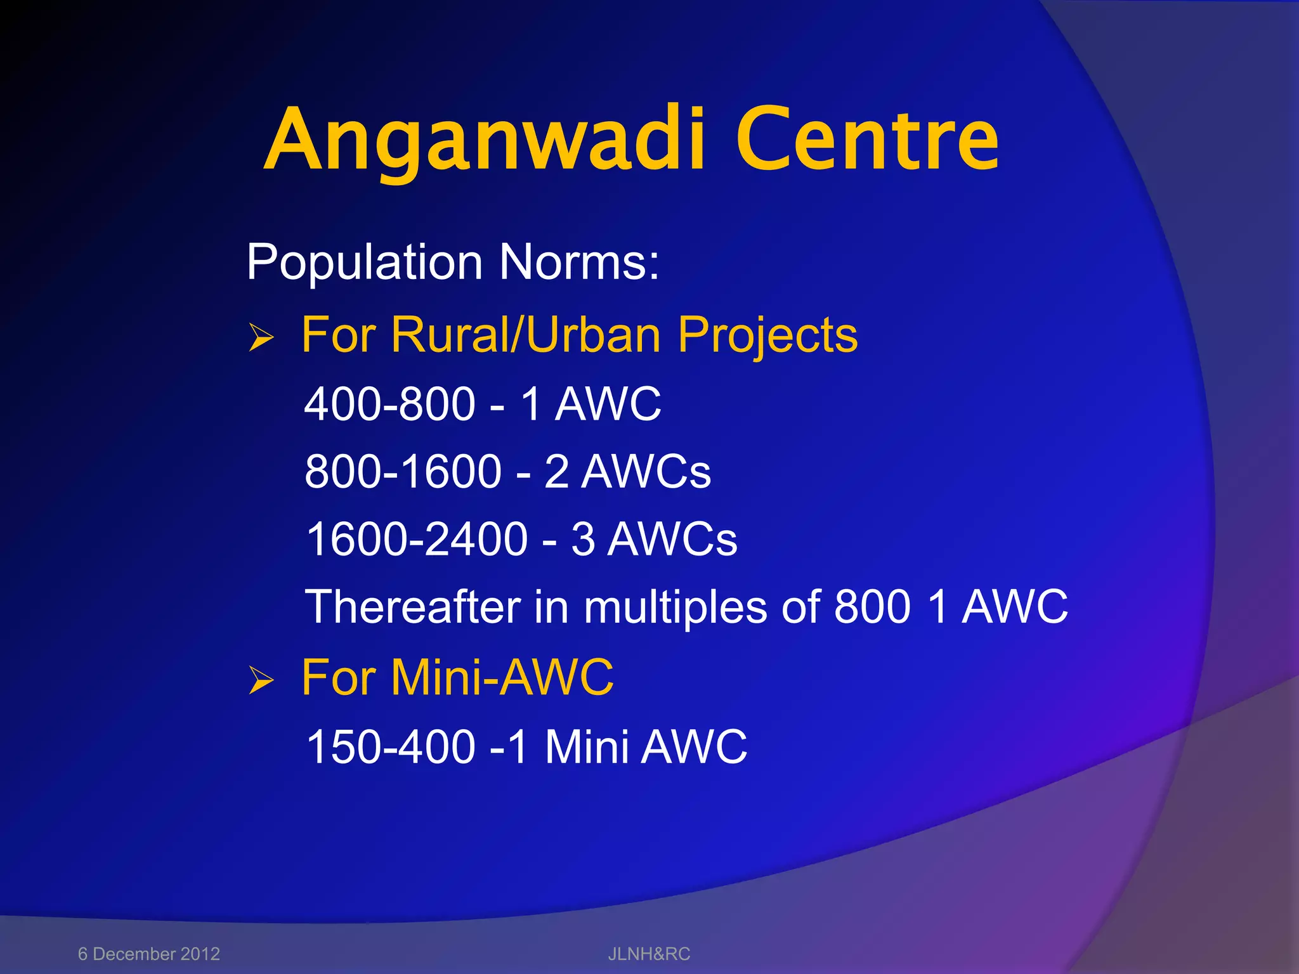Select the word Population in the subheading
pyautogui.click(x=364, y=262)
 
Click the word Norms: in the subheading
pyautogui.click(x=578, y=262)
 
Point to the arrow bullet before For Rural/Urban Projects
pyautogui.click(x=261, y=337)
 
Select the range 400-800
pyautogui.click(x=389, y=404)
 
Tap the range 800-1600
pyautogui.click(x=403, y=472)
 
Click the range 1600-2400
pyautogui.click(x=417, y=539)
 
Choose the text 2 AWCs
pyautogui.click(x=627, y=472)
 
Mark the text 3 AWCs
pyautogui.click(x=654, y=539)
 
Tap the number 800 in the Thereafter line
pyautogui.click(x=872, y=607)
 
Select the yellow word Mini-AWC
pyautogui.click(x=502, y=677)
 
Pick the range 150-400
pyautogui.click(x=390, y=746)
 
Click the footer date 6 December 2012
pyautogui.click(x=149, y=954)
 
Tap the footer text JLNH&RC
pyautogui.click(x=649, y=954)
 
